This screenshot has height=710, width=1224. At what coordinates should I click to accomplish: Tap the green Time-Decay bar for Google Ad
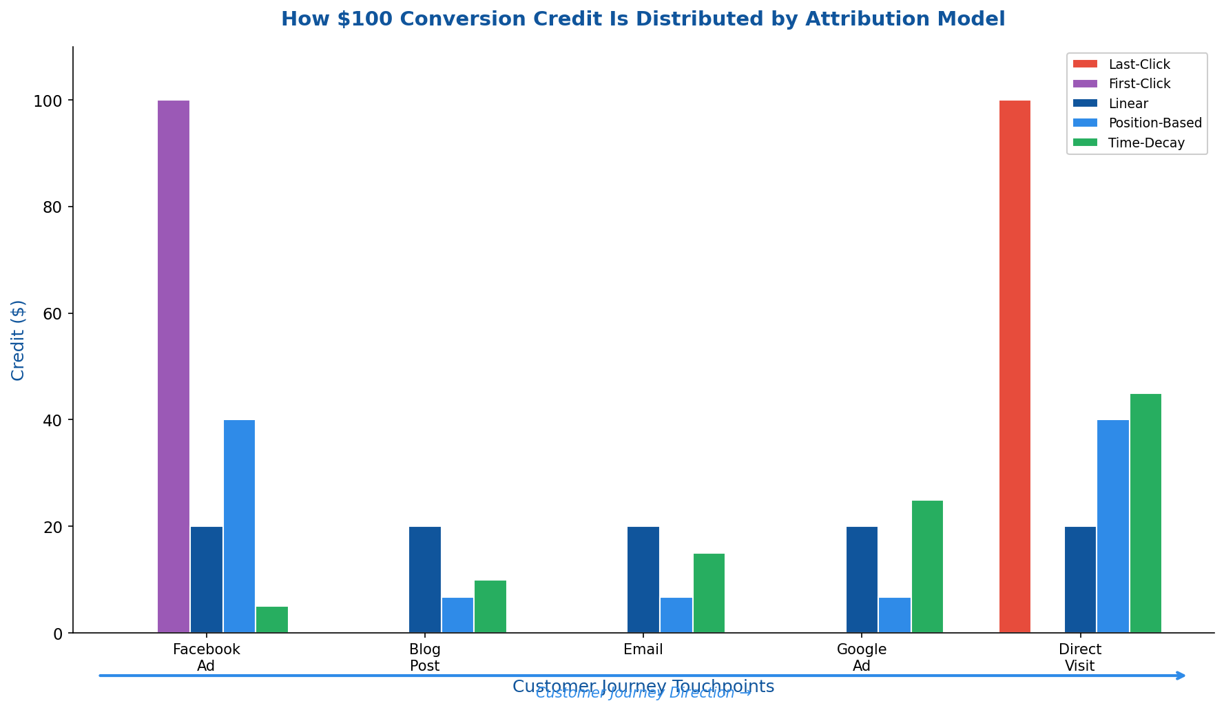coord(927,567)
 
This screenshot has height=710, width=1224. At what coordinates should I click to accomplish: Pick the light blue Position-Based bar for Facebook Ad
coord(239,526)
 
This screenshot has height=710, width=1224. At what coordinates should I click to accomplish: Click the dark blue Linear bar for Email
coord(643,580)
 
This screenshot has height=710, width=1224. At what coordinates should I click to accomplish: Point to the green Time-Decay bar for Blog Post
coord(490,607)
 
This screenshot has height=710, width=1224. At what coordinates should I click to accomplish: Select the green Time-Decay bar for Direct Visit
coord(1145,513)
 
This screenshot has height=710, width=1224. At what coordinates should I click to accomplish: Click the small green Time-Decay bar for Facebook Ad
coord(272,620)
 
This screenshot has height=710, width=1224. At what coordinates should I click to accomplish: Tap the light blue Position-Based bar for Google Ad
coord(895,615)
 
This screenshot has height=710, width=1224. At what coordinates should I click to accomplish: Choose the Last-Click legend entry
coord(1139,64)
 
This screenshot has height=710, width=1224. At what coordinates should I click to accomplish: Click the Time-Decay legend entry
coord(1145,143)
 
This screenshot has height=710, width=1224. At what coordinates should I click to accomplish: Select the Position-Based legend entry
coord(1154,123)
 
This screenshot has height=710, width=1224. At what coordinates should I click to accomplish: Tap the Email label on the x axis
coord(643,649)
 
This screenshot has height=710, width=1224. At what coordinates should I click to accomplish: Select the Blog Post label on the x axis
coord(424,658)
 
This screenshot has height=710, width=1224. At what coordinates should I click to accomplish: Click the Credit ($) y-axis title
coord(19,340)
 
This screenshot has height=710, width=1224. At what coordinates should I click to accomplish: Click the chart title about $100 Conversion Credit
coord(643,19)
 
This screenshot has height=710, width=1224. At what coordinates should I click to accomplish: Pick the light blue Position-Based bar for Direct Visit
coord(1112,526)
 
